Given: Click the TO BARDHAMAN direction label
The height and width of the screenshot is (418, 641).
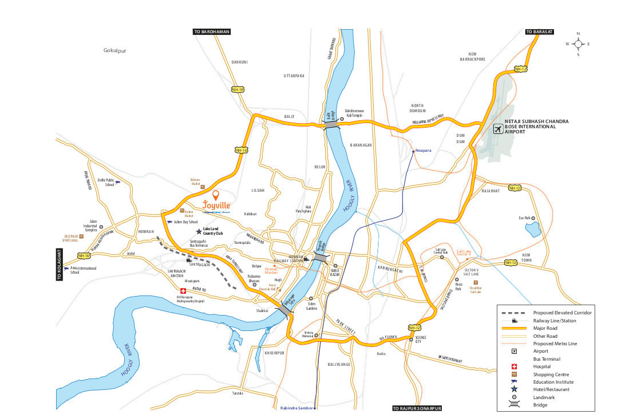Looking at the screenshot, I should coord(211,32).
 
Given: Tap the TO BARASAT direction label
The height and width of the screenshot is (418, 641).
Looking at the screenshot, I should coord(539,32).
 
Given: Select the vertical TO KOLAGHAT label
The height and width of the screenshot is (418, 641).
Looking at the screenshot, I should coord(59,264).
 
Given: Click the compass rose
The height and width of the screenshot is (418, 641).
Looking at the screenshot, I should coord(578,44).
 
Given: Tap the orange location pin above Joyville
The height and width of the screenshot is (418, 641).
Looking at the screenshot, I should coord(215,196).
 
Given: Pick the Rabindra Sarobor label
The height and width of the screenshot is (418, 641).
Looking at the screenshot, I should coord(297,408).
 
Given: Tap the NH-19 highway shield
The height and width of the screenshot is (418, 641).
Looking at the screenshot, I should coord(238,90).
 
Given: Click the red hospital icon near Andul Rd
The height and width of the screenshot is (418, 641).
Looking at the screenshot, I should coord(183,290).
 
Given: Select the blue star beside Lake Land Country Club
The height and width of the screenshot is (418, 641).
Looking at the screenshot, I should coord(199,231).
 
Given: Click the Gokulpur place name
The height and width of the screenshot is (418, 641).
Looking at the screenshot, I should coord(114,50).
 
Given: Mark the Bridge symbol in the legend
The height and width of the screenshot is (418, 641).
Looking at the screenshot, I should coord(514,405).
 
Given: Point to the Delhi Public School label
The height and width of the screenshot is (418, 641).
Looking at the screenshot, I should coord(106,182).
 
